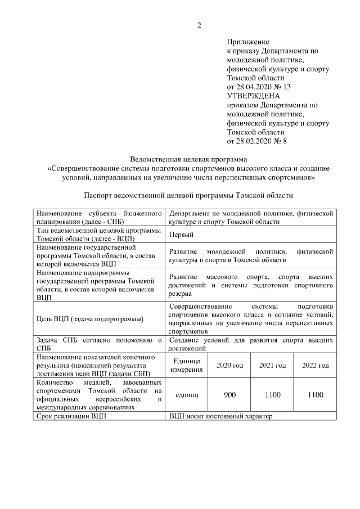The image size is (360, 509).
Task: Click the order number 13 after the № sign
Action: point(287,87)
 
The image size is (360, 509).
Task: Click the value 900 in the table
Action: point(229,395)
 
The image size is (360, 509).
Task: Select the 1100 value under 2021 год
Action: point(272,395)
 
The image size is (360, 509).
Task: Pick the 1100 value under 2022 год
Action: point(316,395)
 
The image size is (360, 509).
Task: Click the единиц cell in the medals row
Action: point(187,395)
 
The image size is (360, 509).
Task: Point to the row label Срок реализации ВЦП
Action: point(71,416)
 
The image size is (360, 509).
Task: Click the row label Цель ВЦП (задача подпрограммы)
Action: point(89,319)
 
